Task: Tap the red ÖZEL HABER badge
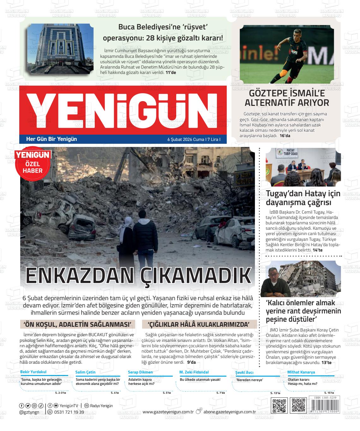click(33, 163)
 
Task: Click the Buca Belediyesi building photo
click(60, 49)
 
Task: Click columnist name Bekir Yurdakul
click(33, 372)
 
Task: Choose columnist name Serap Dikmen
click(140, 372)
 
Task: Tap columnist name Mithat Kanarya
click(301, 372)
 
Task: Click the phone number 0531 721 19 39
click(69, 412)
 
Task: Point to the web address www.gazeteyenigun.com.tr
click(168, 412)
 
